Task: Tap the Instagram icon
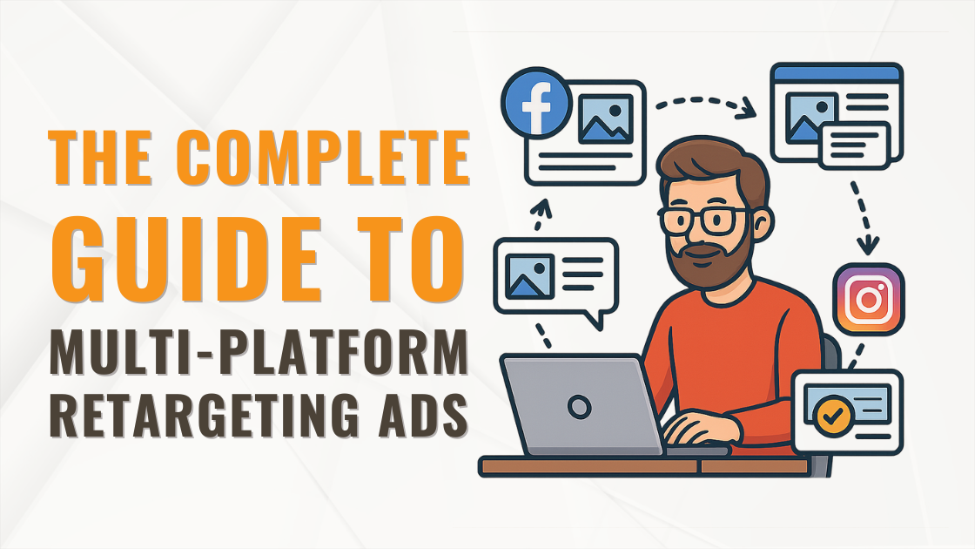869,299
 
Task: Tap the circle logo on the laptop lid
580,406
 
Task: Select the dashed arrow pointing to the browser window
706,106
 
